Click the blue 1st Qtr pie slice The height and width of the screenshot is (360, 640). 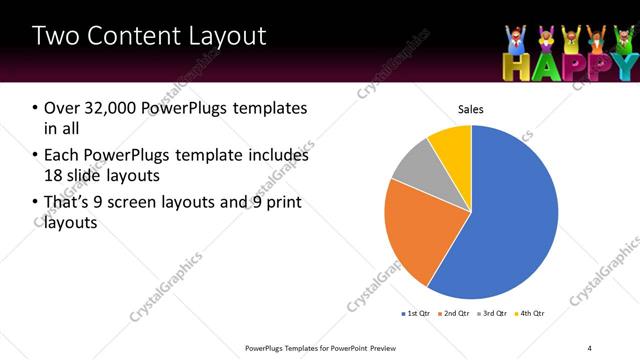pyautogui.click(x=510, y=220)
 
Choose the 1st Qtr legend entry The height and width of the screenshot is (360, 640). pyautogui.click(x=418, y=313)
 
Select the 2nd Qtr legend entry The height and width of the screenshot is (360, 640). pyautogui.click(x=459, y=313)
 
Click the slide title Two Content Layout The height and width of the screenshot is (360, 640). pyautogui.click(x=149, y=37)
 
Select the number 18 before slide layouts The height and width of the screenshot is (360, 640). pyautogui.click(x=53, y=176)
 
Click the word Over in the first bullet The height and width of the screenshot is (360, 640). pyautogui.click(x=61, y=108)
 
